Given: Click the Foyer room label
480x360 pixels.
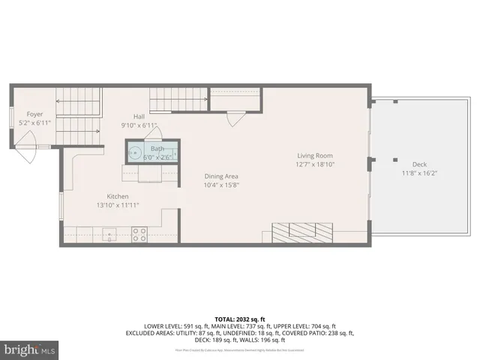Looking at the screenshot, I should [35, 114].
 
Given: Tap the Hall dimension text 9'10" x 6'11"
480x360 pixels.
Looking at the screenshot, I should [139, 126].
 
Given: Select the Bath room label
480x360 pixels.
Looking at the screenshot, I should [157, 148].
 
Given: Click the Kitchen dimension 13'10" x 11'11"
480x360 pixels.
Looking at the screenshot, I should [118, 205].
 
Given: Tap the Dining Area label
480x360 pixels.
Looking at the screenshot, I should [221, 177].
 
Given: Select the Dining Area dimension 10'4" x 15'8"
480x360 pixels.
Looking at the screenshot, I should [221, 186].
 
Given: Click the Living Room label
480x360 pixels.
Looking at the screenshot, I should [314, 154].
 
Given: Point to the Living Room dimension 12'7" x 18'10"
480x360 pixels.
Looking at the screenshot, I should [314, 163].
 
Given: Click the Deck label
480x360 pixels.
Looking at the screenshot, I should [420, 164].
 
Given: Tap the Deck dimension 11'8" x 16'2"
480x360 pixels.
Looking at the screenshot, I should [420, 173].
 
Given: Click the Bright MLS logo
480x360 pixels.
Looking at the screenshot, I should [30, 349].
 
